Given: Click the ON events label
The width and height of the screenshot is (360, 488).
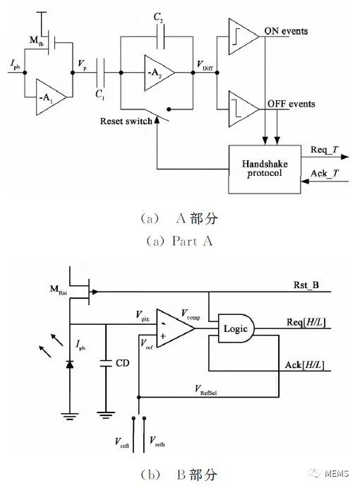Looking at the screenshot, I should coord(287,30).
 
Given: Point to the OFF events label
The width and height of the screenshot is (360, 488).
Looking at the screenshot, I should coord(289,104).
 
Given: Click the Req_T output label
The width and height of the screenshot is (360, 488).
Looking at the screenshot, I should coord(325,150).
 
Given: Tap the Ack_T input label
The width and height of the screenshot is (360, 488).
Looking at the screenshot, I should coord(325,173).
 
